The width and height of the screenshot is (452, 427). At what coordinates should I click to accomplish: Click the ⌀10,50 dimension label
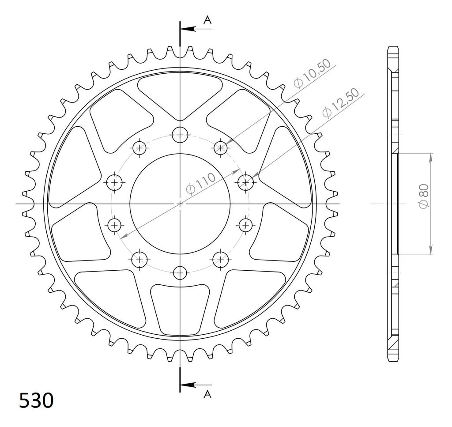pyautogui.click(x=313, y=73)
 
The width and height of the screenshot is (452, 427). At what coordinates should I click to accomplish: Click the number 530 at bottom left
pyautogui.click(x=37, y=400)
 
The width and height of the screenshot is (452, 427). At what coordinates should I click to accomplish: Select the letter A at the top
pyautogui.click(x=207, y=20)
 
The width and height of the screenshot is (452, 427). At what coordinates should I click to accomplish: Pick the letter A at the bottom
pyautogui.click(x=207, y=394)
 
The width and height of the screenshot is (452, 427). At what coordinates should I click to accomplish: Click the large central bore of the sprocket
pyautogui.click(x=180, y=204)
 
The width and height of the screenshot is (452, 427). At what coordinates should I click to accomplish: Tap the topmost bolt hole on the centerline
pyautogui.click(x=180, y=135)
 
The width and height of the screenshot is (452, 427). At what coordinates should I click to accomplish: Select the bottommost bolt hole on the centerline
pyautogui.click(x=180, y=273)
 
